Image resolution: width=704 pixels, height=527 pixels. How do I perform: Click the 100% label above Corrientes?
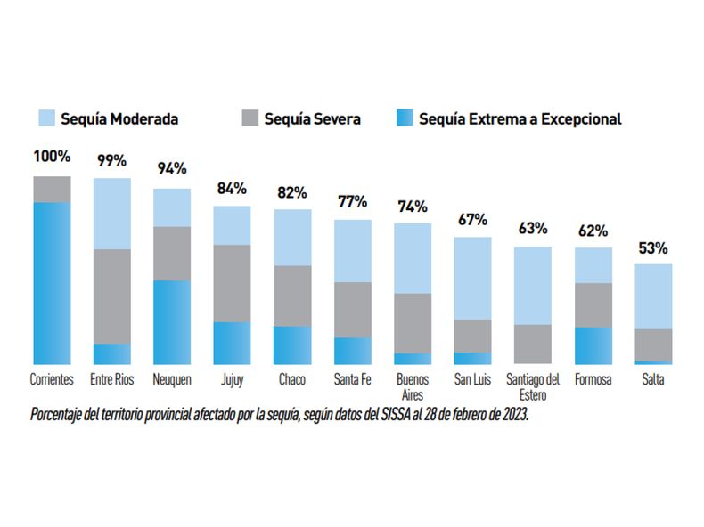point(52,157)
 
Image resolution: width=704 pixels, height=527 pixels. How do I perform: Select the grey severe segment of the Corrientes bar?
point(52,189)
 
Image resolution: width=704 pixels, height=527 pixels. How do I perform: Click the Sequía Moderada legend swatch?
point(46,118)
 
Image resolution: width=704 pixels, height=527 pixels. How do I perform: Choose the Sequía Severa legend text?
point(312,118)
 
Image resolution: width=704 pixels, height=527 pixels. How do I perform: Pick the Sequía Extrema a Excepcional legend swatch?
point(405,118)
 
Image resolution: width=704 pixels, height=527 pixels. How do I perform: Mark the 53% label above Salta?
point(653,248)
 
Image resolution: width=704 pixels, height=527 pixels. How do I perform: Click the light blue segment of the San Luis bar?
point(472,278)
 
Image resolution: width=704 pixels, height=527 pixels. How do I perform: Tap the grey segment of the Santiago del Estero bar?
point(533,344)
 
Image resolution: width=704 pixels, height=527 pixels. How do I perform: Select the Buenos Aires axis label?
point(413,386)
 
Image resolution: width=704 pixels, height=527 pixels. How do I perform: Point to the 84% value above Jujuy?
point(232,189)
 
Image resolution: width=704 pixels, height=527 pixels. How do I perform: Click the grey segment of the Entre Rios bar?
point(111,296)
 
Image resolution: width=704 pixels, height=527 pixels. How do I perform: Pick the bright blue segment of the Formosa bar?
point(593,345)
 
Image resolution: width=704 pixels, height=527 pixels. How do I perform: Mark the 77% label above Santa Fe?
point(352,202)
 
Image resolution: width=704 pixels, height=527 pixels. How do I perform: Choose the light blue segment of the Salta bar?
point(653,296)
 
